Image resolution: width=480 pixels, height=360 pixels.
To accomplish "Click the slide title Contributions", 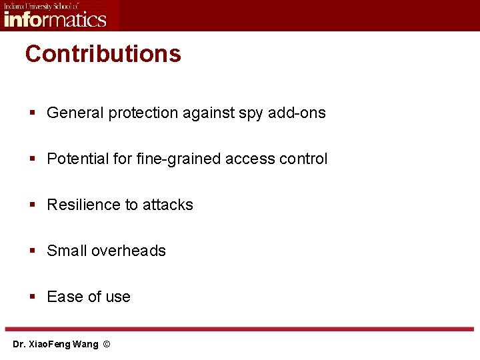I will point(103,54).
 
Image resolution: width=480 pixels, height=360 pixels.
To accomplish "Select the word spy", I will point(251,114).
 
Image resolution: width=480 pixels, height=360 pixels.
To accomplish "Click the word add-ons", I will point(297,113).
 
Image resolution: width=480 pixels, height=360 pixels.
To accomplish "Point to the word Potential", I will point(75,159).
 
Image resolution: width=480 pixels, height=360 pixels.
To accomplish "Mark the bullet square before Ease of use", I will point(32,297).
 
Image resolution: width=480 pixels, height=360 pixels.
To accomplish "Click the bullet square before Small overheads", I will point(32,251).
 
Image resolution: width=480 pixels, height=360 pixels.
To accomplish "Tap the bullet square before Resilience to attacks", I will point(32,205).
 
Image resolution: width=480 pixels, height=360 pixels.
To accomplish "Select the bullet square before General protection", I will point(32,113).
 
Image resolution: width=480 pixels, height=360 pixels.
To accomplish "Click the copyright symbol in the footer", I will point(107,345).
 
